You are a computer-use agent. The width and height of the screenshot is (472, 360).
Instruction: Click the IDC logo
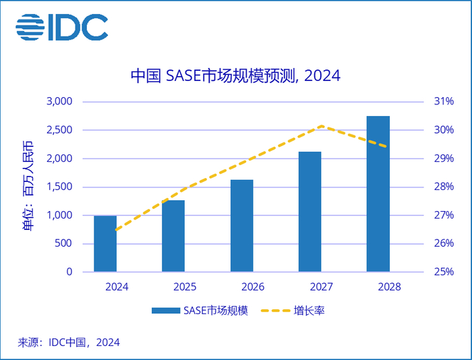pyautogui.click(x=62, y=28)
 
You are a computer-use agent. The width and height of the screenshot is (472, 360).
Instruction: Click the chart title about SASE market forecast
pyautogui.click(x=235, y=75)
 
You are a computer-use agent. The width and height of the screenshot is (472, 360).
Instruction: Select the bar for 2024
pyautogui.click(x=105, y=243)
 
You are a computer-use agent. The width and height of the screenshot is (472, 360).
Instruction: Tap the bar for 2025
pyautogui.click(x=173, y=236)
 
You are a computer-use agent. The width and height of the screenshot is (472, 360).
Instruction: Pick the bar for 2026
pyautogui.click(x=241, y=226)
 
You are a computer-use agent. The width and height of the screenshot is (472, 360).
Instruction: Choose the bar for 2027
pyautogui.click(x=309, y=212)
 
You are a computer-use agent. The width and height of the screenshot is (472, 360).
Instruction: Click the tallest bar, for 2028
pyautogui.click(x=378, y=194)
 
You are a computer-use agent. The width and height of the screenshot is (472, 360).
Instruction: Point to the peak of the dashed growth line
pyautogui.click(x=321, y=125)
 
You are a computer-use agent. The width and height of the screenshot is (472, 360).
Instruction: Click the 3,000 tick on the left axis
pyautogui.click(x=59, y=102)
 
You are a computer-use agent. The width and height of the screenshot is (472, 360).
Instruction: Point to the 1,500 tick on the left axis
pyautogui.click(x=59, y=187)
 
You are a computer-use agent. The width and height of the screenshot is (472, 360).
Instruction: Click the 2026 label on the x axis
pyautogui.click(x=252, y=287)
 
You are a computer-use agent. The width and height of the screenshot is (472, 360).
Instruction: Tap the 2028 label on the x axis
pyautogui.click(x=389, y=287)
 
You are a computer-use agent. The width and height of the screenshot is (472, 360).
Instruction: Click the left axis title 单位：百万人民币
pyautogui.click(x=28, y=187)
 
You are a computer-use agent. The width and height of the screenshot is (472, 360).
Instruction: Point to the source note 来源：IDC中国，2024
pyautogui.click(x=69, y=342)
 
